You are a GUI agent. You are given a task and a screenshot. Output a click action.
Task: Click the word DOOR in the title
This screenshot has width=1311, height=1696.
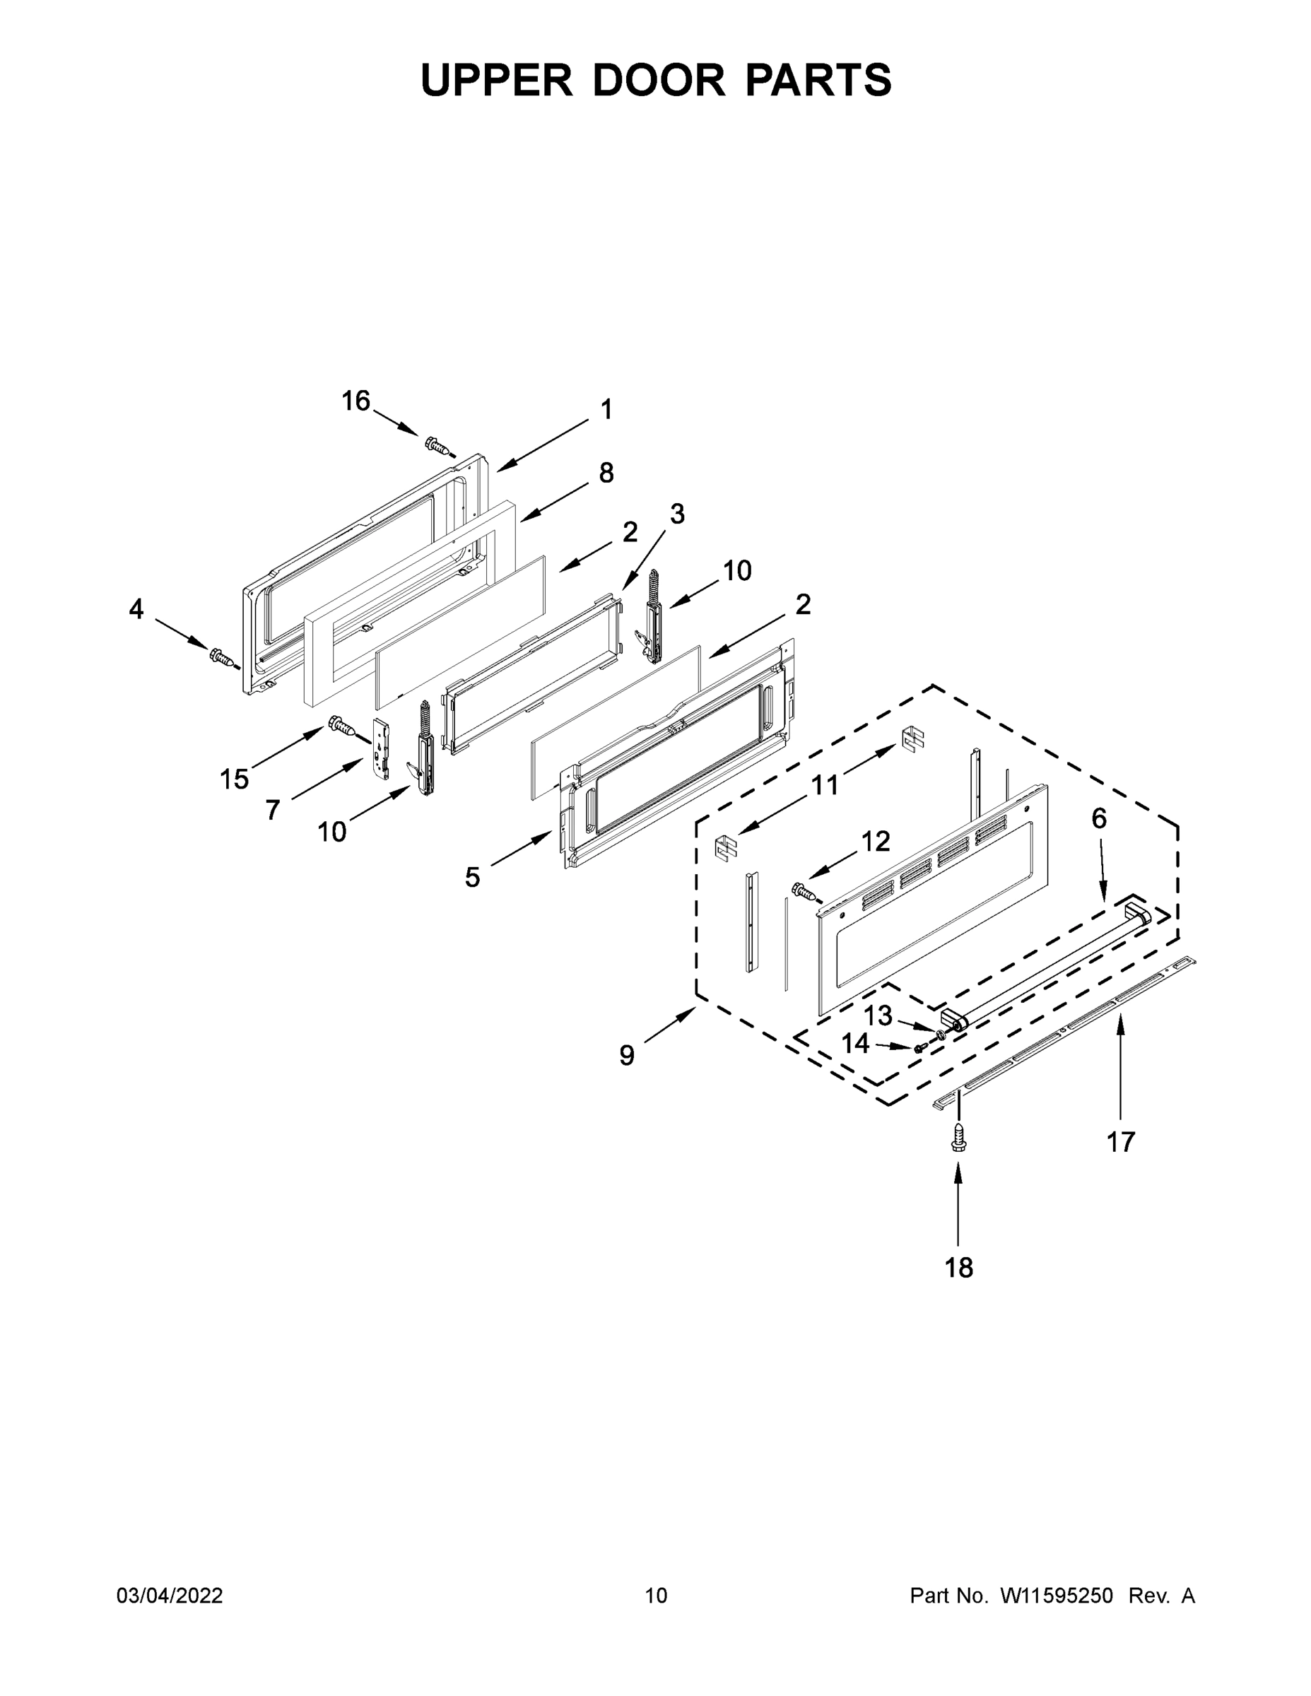click(659, 79)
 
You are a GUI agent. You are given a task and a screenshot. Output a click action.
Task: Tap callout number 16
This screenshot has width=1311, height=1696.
click(355, 401)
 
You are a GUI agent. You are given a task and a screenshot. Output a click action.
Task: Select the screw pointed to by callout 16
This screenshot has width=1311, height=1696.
click(439, 446)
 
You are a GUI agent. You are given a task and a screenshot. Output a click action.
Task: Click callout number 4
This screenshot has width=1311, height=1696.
click(136, 610)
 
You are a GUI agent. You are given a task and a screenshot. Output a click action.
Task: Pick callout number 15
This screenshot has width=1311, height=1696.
click(234, 779)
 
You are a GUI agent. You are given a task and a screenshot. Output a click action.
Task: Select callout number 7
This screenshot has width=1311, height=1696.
click(272, 810)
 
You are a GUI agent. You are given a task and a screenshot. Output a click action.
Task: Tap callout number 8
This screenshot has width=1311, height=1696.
click(606, 472)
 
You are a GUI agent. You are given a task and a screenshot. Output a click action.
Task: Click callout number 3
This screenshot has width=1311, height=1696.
click(676, 513)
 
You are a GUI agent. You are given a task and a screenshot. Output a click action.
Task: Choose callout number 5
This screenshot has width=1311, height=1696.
click(472, 878)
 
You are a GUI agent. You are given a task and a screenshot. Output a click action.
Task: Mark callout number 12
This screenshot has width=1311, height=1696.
click(875, 841)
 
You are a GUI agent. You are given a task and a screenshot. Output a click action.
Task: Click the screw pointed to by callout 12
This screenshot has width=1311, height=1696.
click(804, 890)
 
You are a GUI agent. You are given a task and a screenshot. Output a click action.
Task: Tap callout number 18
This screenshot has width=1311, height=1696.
click(958, 1267)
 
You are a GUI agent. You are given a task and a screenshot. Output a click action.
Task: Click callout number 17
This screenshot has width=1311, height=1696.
click(1120, 1141)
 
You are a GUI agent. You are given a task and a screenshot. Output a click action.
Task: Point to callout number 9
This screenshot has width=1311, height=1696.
click(627, 1055)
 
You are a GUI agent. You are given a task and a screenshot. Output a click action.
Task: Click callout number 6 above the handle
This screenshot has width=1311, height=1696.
click(1099, 818)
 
